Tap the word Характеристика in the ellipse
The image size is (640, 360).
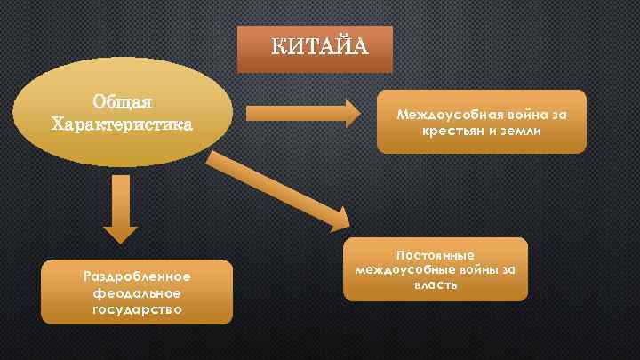coord(123,122)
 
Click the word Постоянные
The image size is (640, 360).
coord(435,254)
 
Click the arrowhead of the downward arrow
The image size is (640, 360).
coord(121,233)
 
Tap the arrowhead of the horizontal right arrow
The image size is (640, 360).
coord(350,113)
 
